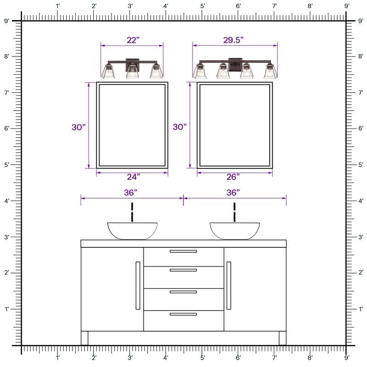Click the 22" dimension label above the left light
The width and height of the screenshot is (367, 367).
pos(133,40)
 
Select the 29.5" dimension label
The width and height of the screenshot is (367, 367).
pos(234,40)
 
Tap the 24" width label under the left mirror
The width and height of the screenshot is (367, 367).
pos(133,177)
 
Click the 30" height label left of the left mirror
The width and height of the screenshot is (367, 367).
pos(79,127)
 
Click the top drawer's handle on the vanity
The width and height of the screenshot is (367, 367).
pos(183,251)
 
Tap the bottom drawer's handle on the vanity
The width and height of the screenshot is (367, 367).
pos(183,314)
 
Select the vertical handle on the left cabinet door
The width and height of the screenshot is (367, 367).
pos(138,285)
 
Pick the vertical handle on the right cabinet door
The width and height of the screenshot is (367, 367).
pos(228,285)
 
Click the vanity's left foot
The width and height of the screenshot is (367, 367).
pos(84,338)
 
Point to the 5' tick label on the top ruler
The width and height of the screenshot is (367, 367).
pos(202,6)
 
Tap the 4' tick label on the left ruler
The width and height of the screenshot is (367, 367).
pos(6,201)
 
